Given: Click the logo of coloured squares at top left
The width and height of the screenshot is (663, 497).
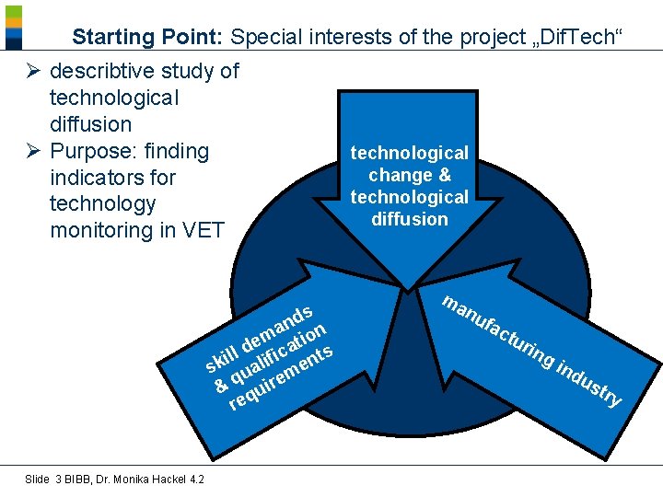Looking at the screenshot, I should pos(14,27).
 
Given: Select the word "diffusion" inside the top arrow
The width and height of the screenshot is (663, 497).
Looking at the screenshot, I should pos(410,219).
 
